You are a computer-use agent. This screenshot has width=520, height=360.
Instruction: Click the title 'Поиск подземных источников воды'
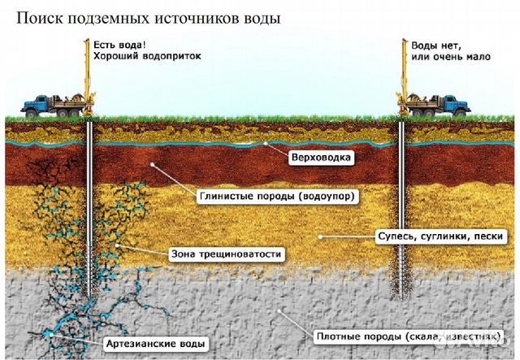[142, 19]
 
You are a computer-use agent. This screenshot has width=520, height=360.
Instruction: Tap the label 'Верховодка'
[322, 155]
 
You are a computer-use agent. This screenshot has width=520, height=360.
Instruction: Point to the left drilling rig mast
[89, 69]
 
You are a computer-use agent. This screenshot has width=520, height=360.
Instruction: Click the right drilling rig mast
[401, 69]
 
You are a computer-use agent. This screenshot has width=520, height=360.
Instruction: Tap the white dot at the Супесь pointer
[319, 236]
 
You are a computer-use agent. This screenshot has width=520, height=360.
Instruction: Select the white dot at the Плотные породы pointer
[280, 310]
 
